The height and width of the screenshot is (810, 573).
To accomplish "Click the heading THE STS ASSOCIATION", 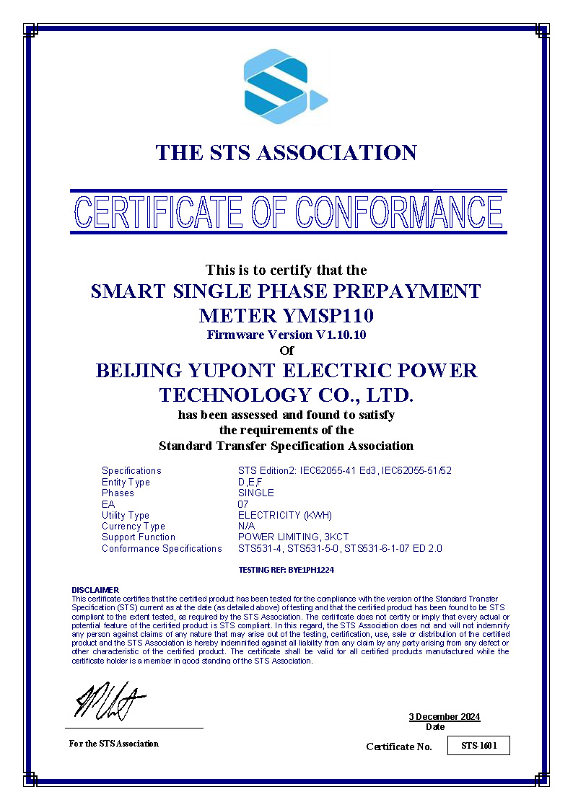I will point(286,153).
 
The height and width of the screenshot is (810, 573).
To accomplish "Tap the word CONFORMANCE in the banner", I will point(399,212).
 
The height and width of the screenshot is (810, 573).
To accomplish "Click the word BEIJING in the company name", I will point(138,371).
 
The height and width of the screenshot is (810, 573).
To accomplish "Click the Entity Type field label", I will point(126,482).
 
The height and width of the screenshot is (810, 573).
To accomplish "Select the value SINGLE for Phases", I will point(256,493).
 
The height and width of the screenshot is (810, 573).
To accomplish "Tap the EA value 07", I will point(243,504).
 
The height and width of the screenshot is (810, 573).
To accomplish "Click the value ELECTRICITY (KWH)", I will point(285,515).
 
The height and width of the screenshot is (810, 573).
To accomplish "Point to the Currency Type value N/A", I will point(246,526).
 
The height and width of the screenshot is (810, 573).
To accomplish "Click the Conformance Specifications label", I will point(162,548).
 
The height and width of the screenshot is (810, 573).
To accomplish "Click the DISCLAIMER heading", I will point(95,590).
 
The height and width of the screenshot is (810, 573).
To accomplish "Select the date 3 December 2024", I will point(444,716).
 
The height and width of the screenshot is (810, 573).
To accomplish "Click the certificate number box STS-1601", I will point(479,746).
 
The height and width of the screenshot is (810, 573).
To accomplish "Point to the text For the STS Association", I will point(114,744).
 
